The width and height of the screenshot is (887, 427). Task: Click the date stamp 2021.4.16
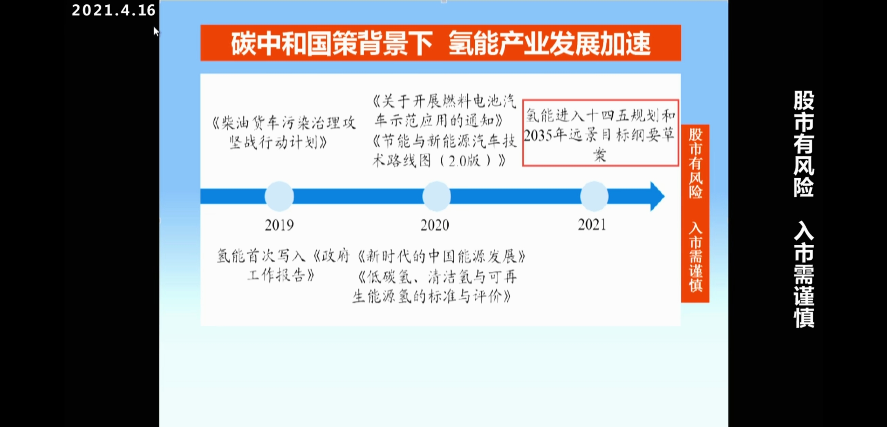pos(113,11)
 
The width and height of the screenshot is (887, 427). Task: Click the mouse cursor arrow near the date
pos(156,32)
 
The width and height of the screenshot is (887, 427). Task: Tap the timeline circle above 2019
pos(279,196)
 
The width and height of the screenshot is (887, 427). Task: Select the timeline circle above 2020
pos(436,196)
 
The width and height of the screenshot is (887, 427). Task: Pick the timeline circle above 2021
pos(594,196)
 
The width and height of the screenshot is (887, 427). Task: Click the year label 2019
pos(279,225)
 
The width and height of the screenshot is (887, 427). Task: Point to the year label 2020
pos(435,225)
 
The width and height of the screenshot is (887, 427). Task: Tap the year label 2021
pos(592,225)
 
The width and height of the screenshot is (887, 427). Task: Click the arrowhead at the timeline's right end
pos(657,196)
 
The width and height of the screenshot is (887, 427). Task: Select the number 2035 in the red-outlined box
pos(538,136)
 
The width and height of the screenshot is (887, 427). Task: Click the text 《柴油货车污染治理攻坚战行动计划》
pos(283,133)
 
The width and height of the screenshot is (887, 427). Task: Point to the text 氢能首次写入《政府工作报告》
pos(283,265)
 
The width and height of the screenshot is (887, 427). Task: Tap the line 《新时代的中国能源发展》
pos(442,257)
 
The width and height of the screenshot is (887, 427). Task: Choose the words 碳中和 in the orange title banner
pos(269,43)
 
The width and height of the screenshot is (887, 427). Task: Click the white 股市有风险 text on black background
pos(804,144)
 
